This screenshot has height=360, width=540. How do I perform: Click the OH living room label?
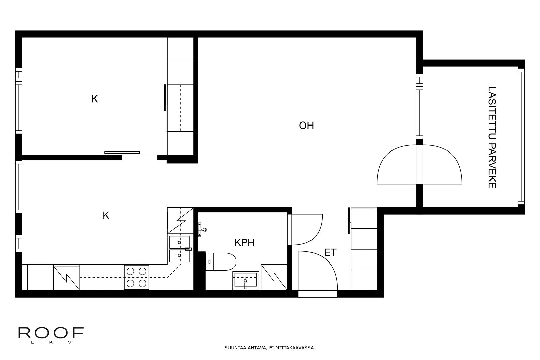point(306,126)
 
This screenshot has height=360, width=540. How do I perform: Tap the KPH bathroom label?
point(244,243)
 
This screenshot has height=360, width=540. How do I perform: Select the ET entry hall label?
point(330,252)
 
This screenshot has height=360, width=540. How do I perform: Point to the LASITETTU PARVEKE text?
point(492,137)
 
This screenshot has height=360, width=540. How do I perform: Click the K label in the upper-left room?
point(94,99)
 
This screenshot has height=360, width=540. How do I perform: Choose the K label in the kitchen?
point(106,215)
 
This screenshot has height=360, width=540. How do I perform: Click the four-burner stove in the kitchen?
point(136,277)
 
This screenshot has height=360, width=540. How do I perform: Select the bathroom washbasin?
point(246,281)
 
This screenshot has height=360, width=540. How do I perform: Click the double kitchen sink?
point(179,249)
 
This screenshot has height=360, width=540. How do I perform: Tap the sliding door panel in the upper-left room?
point(122,153)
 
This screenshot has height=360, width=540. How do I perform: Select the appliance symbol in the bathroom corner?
point(274,277)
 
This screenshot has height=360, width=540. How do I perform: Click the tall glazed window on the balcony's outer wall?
point(521,137)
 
